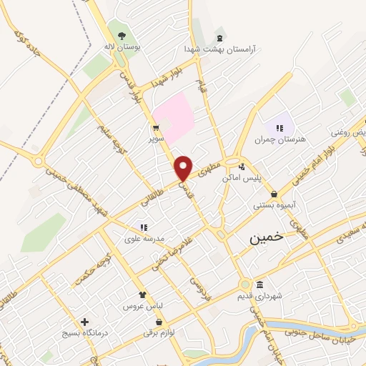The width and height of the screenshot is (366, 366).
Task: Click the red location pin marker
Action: point(184,167)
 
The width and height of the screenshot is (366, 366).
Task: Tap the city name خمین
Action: point(265,238)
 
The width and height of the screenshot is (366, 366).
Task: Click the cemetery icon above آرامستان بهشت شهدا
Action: point(219,38)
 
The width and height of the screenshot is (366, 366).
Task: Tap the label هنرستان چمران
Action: point(284,139)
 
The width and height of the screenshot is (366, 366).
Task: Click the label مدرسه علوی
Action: point(144,239)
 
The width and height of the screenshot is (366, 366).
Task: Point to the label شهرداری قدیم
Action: point(280,295)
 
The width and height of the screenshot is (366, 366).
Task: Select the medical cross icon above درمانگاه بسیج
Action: point(84,322)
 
